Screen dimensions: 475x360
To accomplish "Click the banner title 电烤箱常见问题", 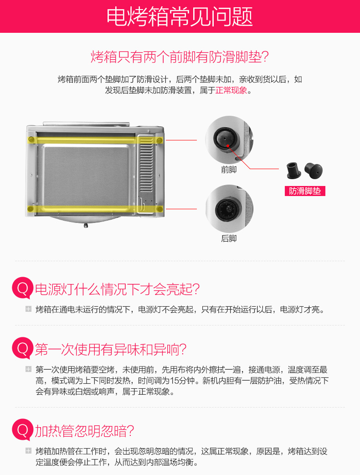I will point(180,17).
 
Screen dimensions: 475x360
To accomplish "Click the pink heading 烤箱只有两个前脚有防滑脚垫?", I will point(180,57).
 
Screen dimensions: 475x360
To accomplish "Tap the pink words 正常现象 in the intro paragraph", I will point(231,90).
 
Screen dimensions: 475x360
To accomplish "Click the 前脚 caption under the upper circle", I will point(229,170).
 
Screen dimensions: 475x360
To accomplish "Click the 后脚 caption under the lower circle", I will point(229,238).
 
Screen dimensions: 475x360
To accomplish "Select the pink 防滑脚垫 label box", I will point(305,191).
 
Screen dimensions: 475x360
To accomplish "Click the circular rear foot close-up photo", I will point(229,209).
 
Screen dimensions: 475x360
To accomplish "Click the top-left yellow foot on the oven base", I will point(31,139).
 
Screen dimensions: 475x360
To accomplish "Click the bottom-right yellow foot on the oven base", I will point(159,209).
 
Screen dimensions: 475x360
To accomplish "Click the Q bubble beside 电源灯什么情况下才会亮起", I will point(22,289).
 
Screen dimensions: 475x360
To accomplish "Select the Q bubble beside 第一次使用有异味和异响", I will point(22,349).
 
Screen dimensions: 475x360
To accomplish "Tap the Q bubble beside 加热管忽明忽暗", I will point(22,430).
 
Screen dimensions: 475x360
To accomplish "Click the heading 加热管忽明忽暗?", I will point(85,431).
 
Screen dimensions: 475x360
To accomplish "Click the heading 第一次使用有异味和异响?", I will point(111,350).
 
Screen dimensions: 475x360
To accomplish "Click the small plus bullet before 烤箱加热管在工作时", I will point(28,451).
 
